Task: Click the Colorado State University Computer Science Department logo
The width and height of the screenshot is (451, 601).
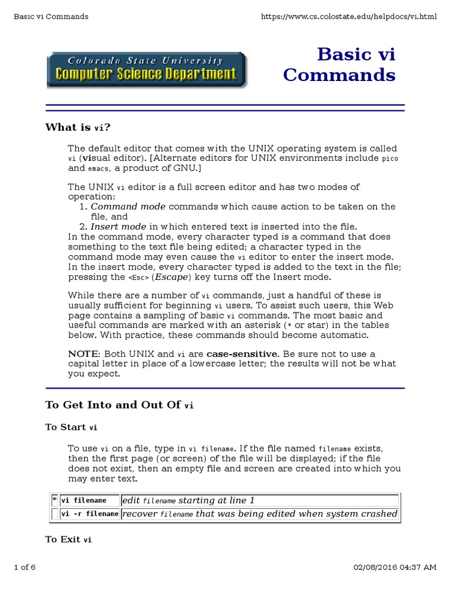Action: pos(147,69)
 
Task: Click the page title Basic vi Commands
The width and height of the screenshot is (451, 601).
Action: pos(339,65)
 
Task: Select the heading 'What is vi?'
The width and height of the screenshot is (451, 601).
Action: pos(78,127)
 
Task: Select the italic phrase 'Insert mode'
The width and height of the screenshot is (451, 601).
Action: pos(118,227)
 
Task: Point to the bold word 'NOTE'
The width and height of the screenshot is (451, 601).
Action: pos(84,354)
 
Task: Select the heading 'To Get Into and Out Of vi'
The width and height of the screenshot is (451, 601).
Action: pos(119,405)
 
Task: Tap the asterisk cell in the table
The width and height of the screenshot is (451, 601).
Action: pos(55,500)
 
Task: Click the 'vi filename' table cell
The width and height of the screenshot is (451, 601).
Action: pos(83,501)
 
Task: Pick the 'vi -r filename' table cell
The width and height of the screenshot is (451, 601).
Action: pos(90,514)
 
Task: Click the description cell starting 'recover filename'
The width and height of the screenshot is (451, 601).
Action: pos(259,514)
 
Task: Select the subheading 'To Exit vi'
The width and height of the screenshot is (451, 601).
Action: pos(68,539)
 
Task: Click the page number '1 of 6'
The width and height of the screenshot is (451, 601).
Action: pos(25,567)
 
